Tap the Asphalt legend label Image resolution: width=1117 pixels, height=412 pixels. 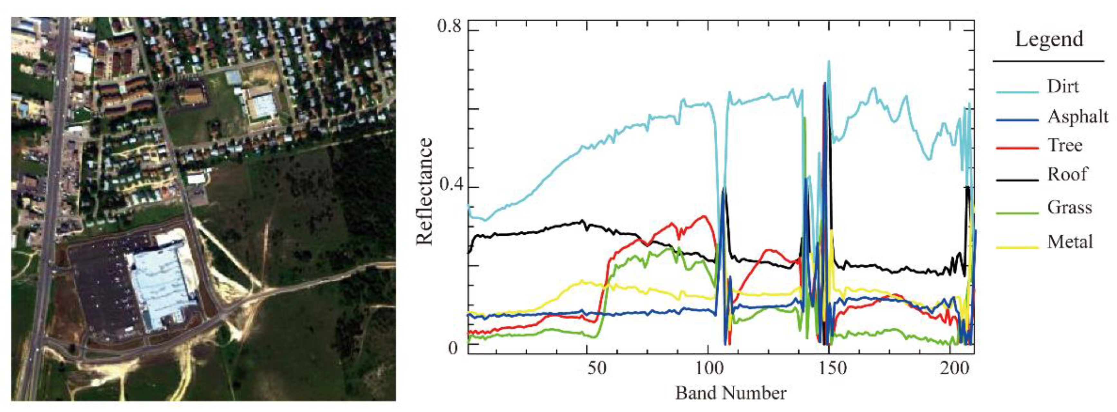[1077, 116]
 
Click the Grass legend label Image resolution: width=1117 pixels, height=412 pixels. [1069, 207]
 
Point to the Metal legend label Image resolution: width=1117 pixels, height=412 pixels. [1070, 241]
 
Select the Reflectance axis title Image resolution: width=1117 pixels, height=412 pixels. [424, 191]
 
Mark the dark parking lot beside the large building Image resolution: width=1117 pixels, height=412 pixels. [98, 295]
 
